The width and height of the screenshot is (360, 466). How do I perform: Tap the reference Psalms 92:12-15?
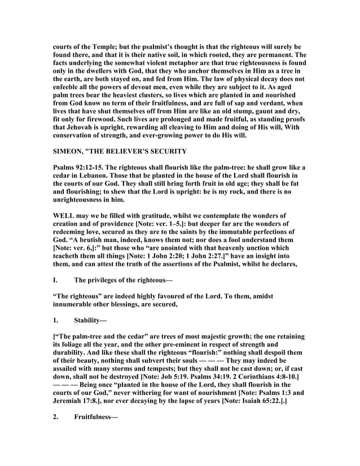pos(81,168)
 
